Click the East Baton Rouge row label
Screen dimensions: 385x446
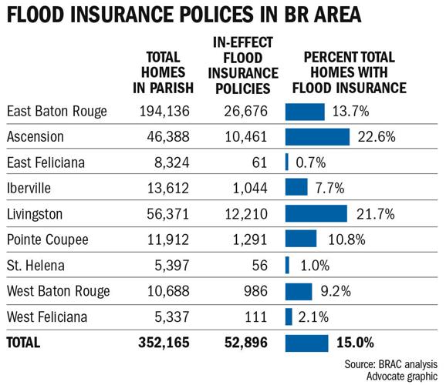[x=56, y=112]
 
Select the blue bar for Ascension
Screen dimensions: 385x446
[x=316, y=137]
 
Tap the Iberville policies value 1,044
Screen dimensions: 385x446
[x=250, y=188]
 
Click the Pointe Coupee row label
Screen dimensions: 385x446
[x=49, y=239]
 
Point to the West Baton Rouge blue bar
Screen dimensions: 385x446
[x=298, y=290]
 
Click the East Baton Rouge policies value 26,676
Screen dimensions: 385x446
[x=245, y=112]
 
